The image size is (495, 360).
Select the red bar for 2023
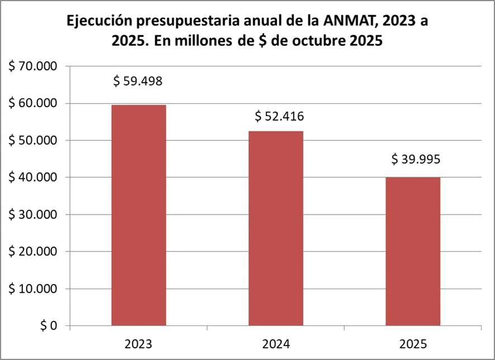[139, 215]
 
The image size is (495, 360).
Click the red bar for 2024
[276, 228]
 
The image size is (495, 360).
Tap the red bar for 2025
[413, 252]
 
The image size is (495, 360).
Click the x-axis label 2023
[139, 342]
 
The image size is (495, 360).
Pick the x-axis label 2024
[276, 342]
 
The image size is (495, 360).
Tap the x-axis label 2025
[413, 342]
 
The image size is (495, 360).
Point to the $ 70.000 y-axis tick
[33, 67]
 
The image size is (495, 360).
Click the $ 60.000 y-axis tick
[33, 103]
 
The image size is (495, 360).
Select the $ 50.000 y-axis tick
[33, 140]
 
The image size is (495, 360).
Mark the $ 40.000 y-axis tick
[33, 178]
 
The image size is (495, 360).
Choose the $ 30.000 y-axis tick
[33, 215]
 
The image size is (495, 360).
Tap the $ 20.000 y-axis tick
[33, 252]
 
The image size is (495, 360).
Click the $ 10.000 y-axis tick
[33, 288]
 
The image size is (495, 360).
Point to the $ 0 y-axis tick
[48, 326]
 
